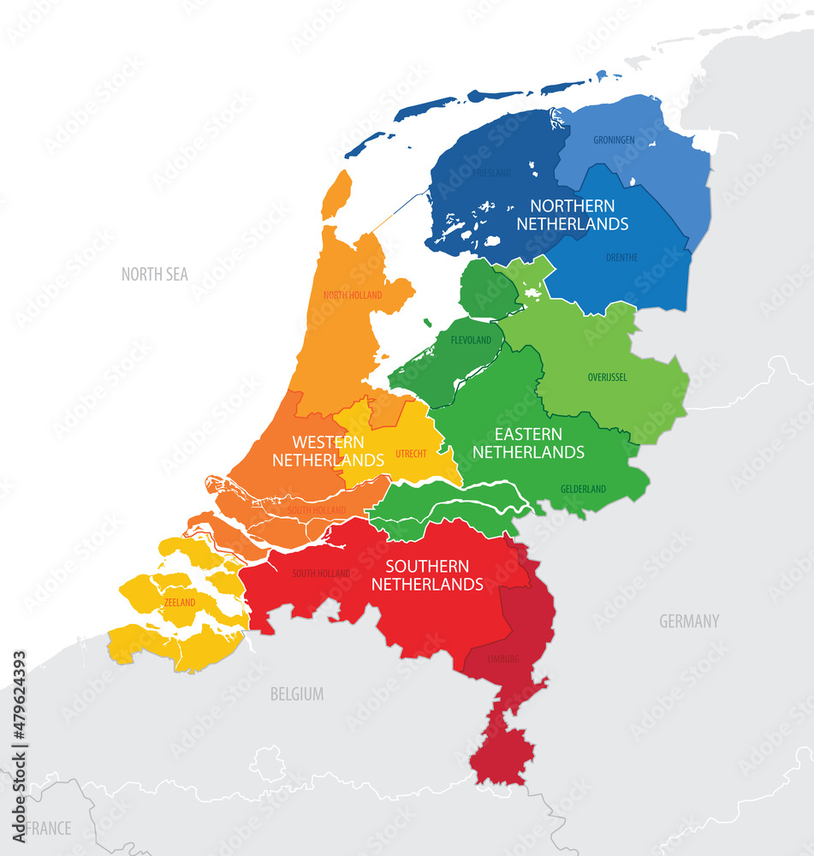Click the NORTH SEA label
154,275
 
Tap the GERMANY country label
688,621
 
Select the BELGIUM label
297,694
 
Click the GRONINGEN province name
615,140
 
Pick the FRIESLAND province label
491,173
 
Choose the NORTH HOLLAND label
353,295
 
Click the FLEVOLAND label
471,340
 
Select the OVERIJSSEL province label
607,377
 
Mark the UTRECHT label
411,453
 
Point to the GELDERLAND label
583,489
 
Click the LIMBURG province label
502,659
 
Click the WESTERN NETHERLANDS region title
328,451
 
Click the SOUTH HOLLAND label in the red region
321,574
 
